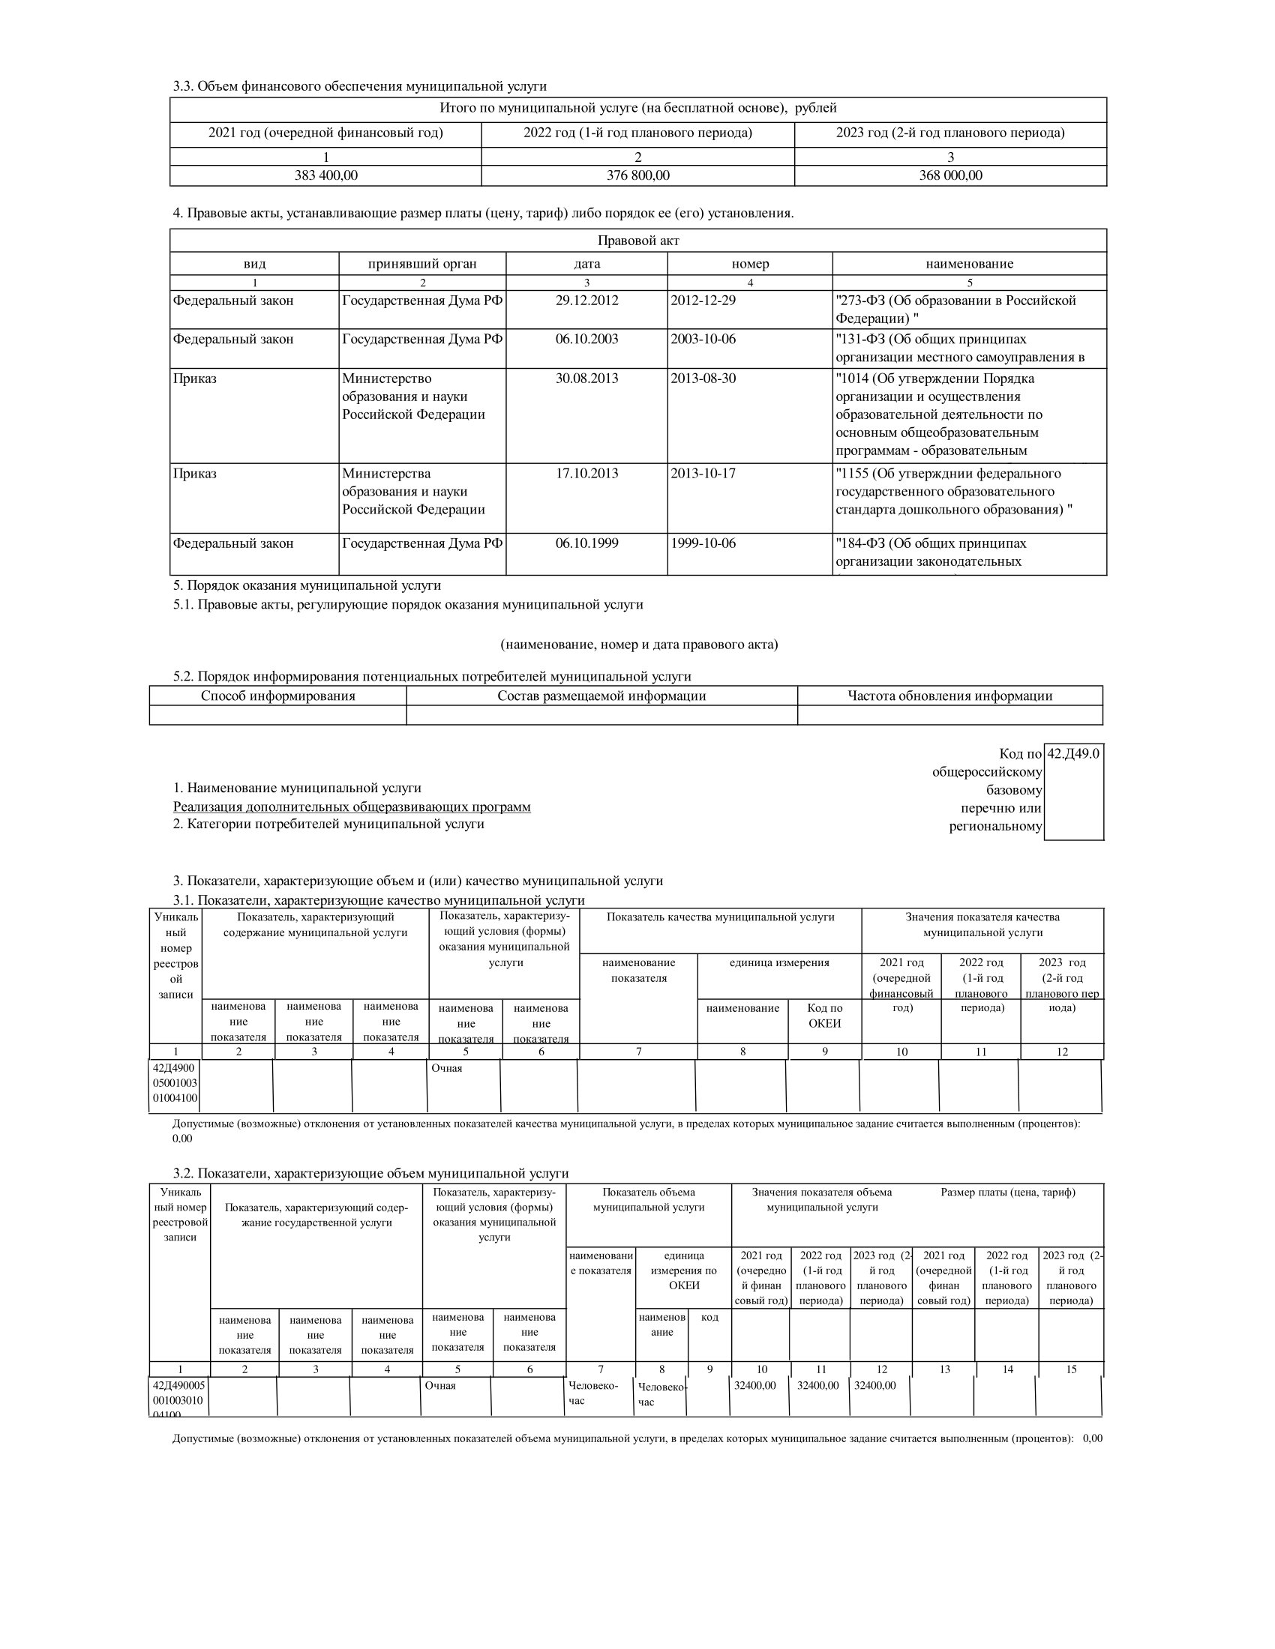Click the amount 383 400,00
325,176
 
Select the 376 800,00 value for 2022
637,176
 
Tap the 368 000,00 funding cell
950,176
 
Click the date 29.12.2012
587,301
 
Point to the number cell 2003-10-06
703,339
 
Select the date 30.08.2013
587,379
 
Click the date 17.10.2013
587,474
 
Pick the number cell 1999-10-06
703,543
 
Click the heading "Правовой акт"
637,241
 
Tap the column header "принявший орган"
422,265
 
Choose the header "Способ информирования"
278,696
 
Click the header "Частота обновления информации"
949,696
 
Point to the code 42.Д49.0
1073,753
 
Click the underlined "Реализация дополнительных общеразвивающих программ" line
351,807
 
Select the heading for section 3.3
359,86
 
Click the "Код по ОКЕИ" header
824,1016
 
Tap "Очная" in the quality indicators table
446,1068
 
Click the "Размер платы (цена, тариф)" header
1007,1193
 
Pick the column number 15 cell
1070,1369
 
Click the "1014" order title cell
969,414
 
